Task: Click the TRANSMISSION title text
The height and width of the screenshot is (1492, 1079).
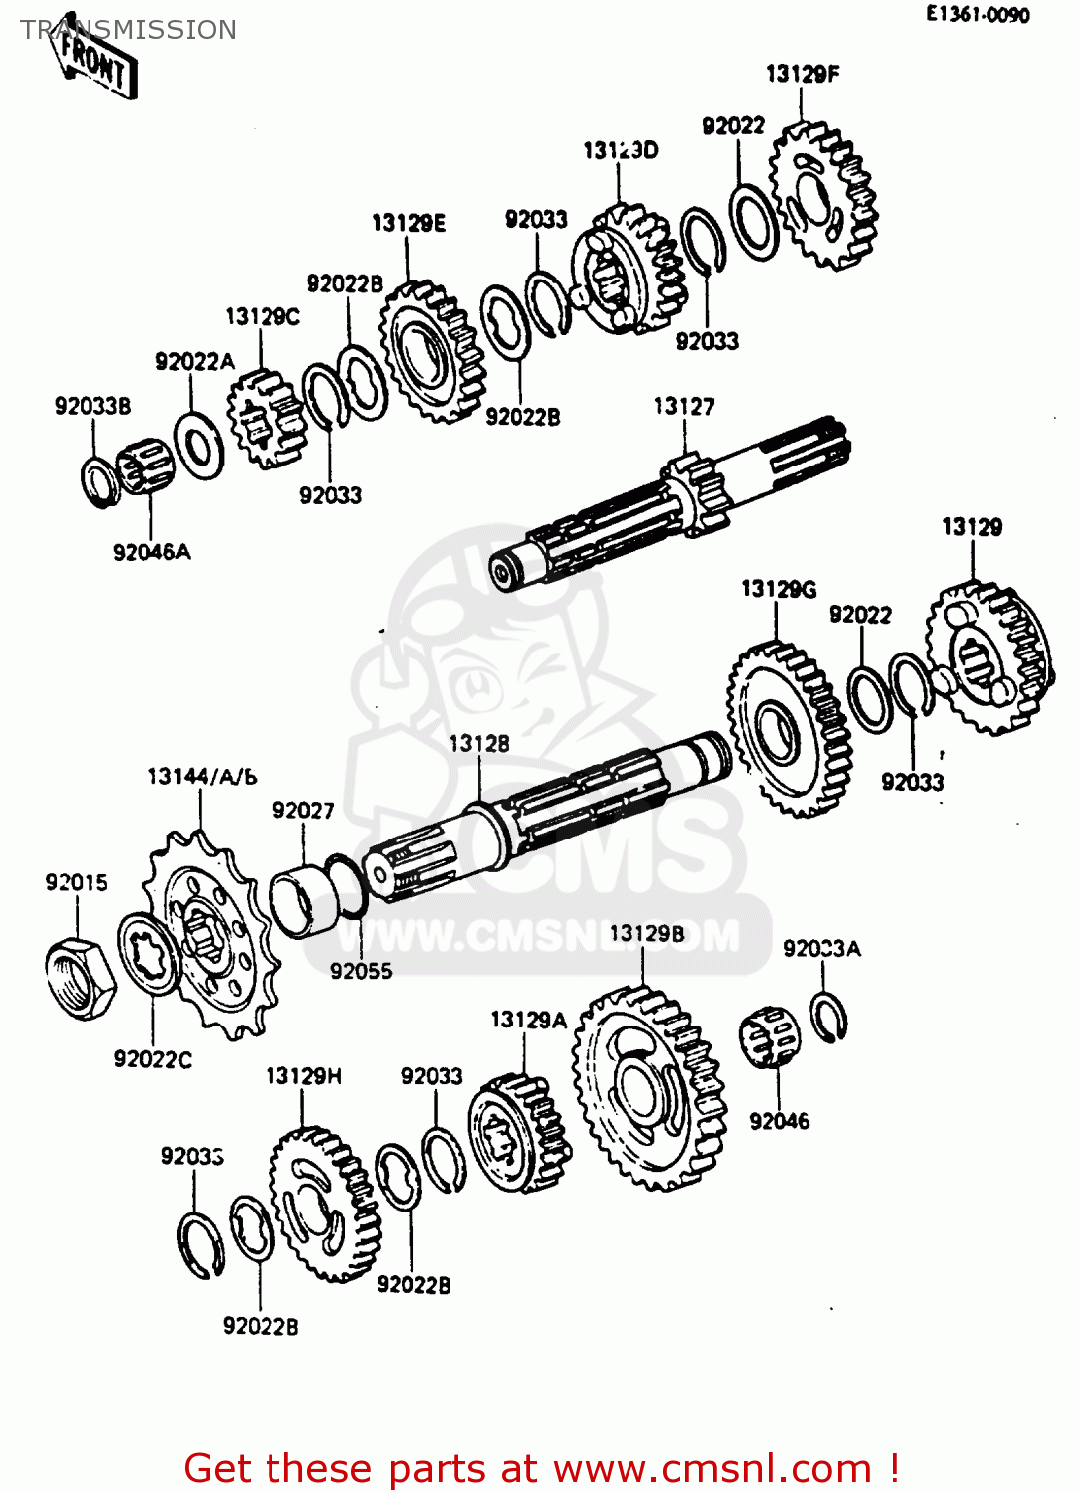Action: (x=128, y=30)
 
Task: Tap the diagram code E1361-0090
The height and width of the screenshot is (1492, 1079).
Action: (x=977, y=14)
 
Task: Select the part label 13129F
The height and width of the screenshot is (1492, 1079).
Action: (x=802, y=74)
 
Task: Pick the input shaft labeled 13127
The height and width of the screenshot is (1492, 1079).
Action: (x=676, y=507)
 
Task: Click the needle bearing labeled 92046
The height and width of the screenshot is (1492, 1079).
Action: (x=771, y=1037)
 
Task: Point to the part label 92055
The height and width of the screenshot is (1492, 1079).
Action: (x=361, y=971)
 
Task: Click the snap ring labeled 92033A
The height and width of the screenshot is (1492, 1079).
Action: (x=826, y=1018)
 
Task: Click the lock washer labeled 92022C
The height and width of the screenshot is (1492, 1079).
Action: (x=149, y=955)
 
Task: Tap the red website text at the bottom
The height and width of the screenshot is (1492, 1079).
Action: (x=542, y=1468)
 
